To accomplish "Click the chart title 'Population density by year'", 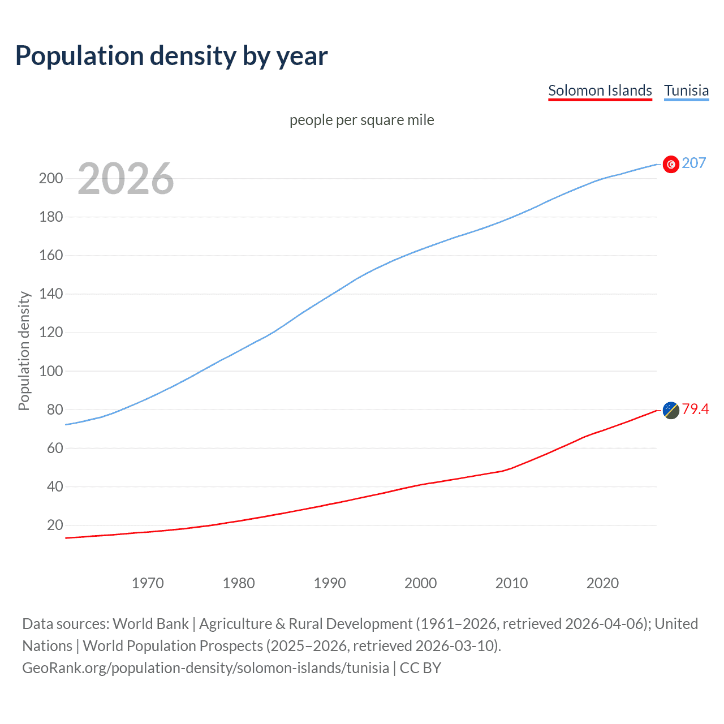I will (x=171, y=56).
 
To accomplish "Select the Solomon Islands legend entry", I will (x=600, y=90).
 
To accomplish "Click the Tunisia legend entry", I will (x=686, y=90).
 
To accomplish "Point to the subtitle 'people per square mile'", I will (x=361, y=120).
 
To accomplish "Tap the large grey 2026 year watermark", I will (x=126, y=179).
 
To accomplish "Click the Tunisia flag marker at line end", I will (x=671, y=164).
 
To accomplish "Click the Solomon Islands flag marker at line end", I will (x=671, y=410).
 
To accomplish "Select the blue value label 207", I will (x=694, y=163).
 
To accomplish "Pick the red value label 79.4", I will (x=695, y=409).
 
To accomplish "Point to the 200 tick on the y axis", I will (x=51, y=179).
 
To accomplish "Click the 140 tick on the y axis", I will (x=51, y=294).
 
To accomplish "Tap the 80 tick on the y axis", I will (x=55, y=410).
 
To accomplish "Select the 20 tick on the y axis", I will (x=55, y=525).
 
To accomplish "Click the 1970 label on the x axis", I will (x=148, y=583).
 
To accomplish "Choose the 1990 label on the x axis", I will (x=330, y=583).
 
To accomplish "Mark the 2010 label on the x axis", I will (x=511, y=583).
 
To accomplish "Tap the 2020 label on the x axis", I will (x=602, y=583).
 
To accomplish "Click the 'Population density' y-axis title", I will (x=24, y=351).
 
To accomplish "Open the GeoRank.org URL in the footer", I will (x=205, y=668).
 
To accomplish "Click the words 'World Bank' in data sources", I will (x=150, y=624).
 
